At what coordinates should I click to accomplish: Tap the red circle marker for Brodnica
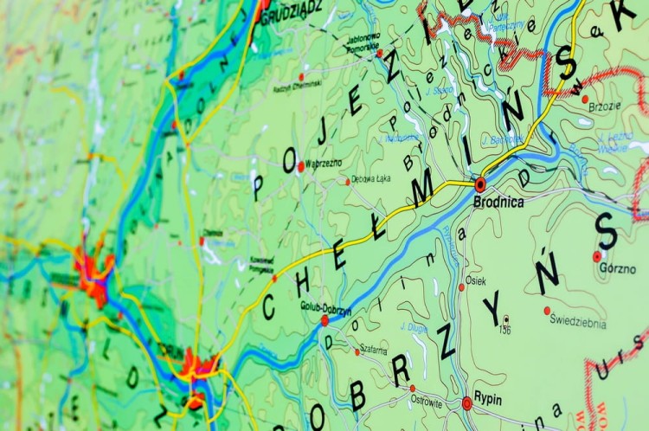[x=480, y=184]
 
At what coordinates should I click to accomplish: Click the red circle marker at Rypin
[x=467, y=402]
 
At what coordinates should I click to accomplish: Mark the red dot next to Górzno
[x=597, y=256]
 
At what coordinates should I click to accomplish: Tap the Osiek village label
[x=476, y=281]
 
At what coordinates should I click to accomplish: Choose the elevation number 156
[x=504, y=330]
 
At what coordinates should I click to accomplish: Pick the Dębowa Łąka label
[x=371, y=179]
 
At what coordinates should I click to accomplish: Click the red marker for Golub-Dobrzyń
[x=324, y=320]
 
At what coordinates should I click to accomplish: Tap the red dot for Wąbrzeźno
[x=300, y=166]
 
